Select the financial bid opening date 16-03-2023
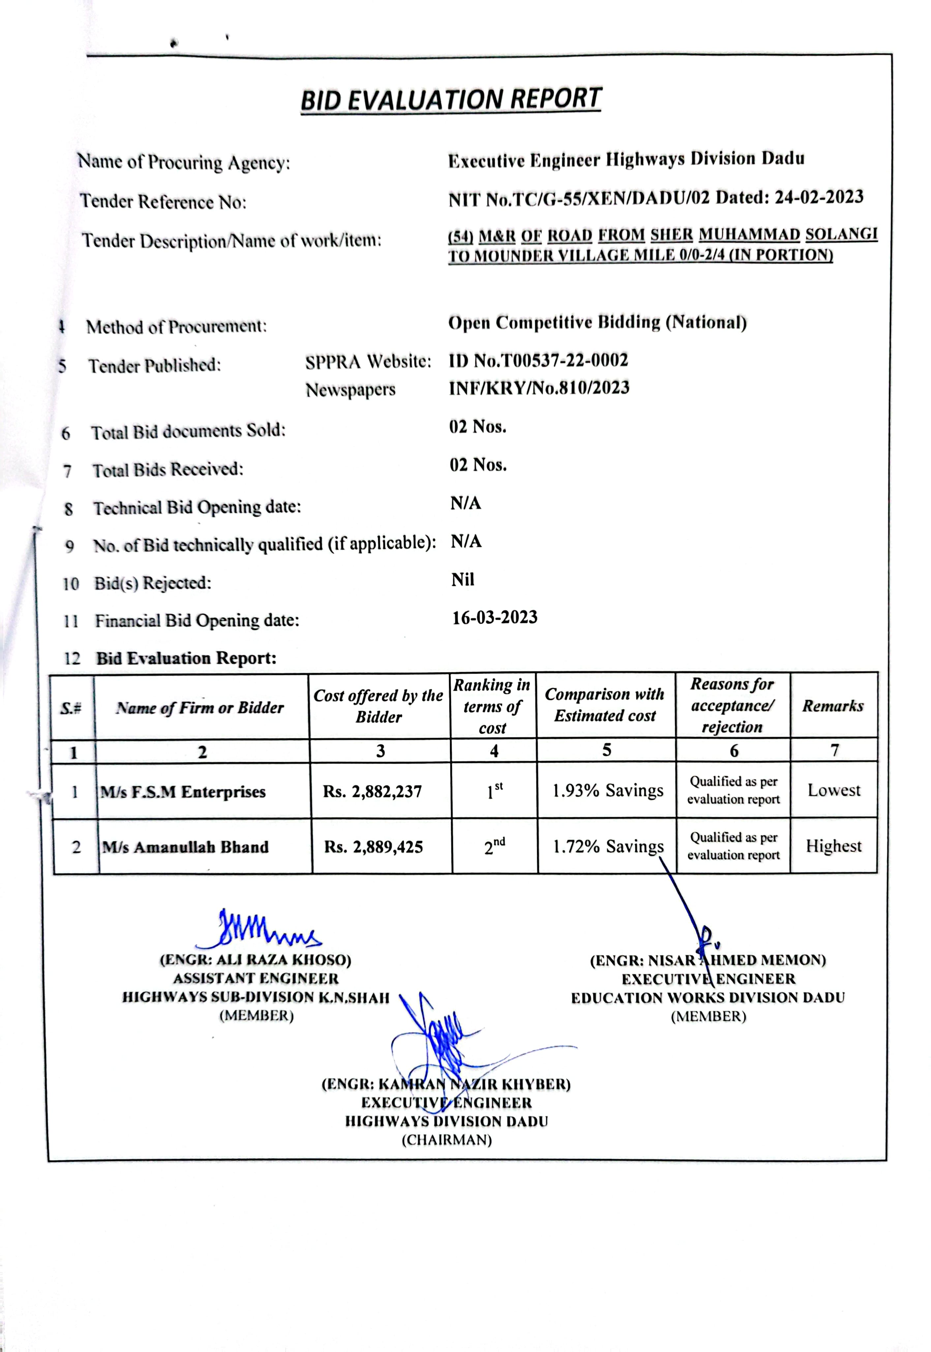tap(495, 617)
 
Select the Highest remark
tap(834, 846)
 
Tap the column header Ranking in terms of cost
tap(492, 706)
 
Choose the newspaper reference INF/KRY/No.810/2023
tap(539, 388)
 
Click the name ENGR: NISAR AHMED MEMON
tap(707, 960)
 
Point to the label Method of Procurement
tap(176, 326)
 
